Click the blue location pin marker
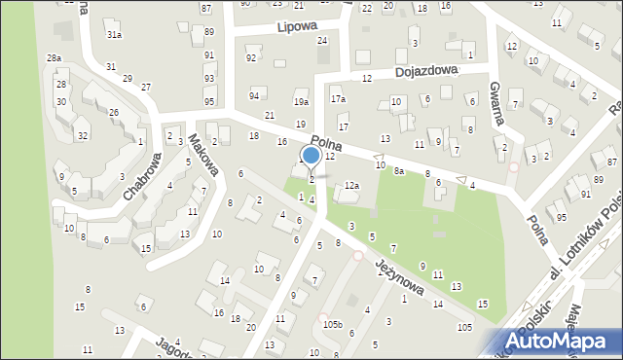click(311, 157)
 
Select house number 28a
click(54, 58)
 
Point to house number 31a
click(114, 35)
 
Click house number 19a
click(302, 101)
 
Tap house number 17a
click(338, 99)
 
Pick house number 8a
click(399, 170)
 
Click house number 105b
click(333, 324)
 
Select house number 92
click(251, 58)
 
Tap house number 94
click(254, 95)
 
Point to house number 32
click(83, 135)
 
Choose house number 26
click(114, 113)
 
